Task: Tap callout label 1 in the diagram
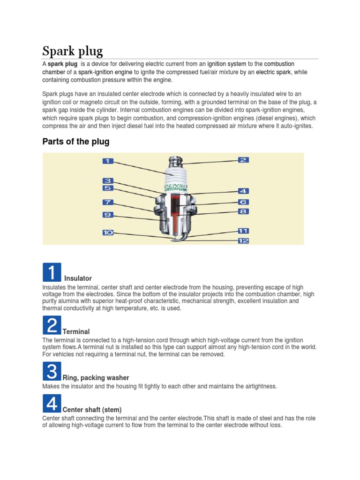108,161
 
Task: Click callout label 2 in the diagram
243,160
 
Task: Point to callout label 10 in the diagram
108,232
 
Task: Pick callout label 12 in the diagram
243,241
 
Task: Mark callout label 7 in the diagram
108,202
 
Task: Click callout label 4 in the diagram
243,191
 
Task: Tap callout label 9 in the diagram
108,215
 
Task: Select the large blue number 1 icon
52,272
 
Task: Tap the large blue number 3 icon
52,372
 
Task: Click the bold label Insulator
78,278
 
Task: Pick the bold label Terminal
76,331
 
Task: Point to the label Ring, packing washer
96,378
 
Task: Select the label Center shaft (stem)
92,410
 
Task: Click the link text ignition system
227,64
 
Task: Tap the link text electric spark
273,72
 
